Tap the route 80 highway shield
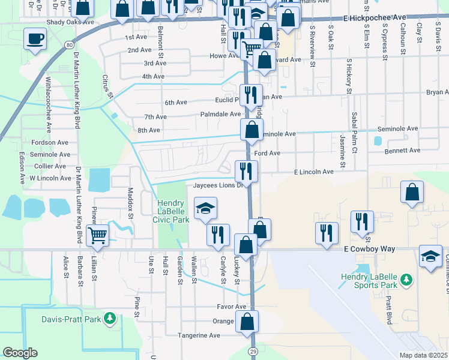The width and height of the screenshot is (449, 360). pos(70,45)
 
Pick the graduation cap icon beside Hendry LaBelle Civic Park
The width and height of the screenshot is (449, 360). pos(205,208)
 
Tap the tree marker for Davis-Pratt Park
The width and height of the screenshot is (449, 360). pos(110,319)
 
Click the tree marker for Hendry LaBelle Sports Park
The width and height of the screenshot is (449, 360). pos(406,279)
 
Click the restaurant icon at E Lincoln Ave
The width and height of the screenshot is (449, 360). pos(247,170)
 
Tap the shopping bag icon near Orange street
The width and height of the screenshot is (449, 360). pos(247,321)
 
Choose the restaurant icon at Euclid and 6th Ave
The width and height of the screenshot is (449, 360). pos(251,94)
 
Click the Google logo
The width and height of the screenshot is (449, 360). pos(20,353)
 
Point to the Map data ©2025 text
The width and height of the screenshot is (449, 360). pos(423,355)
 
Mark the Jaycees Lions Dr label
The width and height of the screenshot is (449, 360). pos(217,185)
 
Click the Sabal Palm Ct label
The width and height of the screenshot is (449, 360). pos(355,125)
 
